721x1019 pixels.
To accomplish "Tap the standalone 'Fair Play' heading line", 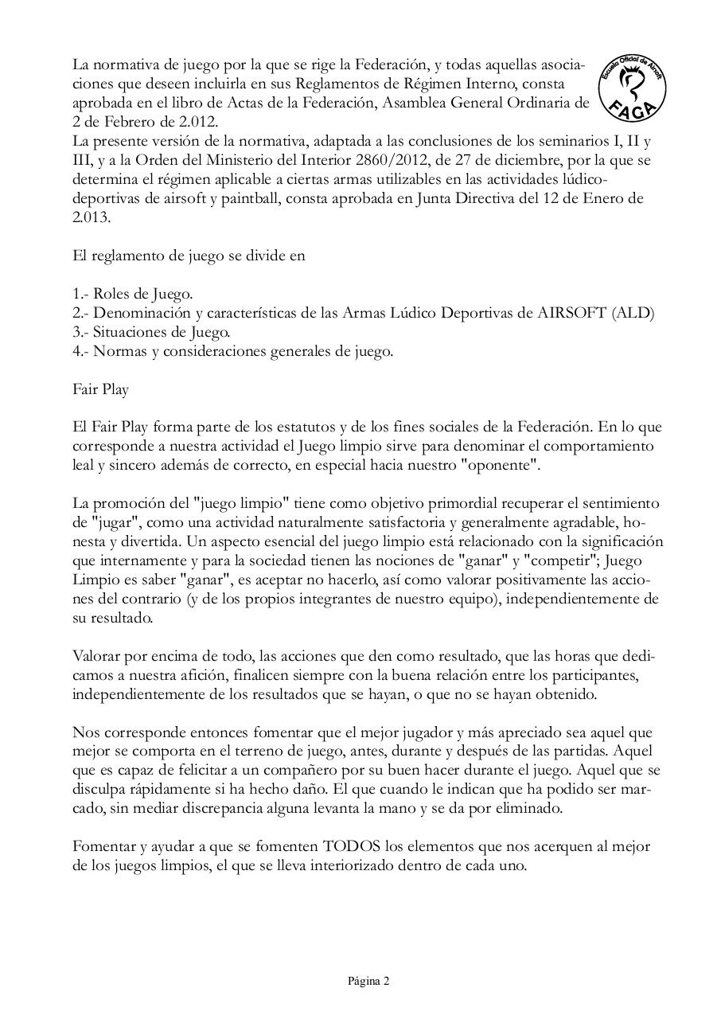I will pos(100,390).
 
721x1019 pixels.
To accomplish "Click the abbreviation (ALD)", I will pos(633,313).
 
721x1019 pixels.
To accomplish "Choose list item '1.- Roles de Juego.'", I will pos(132,294).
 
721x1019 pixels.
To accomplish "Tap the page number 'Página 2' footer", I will pos(368,981).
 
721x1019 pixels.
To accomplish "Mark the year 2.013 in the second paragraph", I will pos(89,217).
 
